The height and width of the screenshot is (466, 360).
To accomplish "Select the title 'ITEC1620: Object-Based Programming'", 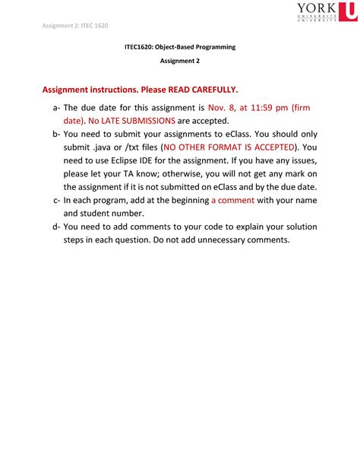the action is point(180,47).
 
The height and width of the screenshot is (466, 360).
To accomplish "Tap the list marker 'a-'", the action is point(56,108).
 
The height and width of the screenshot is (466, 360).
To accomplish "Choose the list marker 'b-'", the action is point(56,134).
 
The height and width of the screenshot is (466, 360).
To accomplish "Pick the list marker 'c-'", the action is point(56,201).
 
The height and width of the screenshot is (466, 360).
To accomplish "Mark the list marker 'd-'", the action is point(56,227).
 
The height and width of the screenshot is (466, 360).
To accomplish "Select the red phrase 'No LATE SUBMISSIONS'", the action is point(131,121).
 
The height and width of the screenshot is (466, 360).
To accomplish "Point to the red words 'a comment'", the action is point(235,201).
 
